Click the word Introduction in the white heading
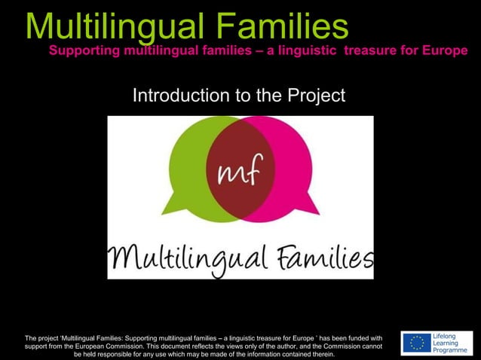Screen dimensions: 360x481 click(x=177, y=96)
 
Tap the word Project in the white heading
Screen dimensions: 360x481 click(x=314, y=96)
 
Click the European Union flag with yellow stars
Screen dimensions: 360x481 click(x=415, y=343)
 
